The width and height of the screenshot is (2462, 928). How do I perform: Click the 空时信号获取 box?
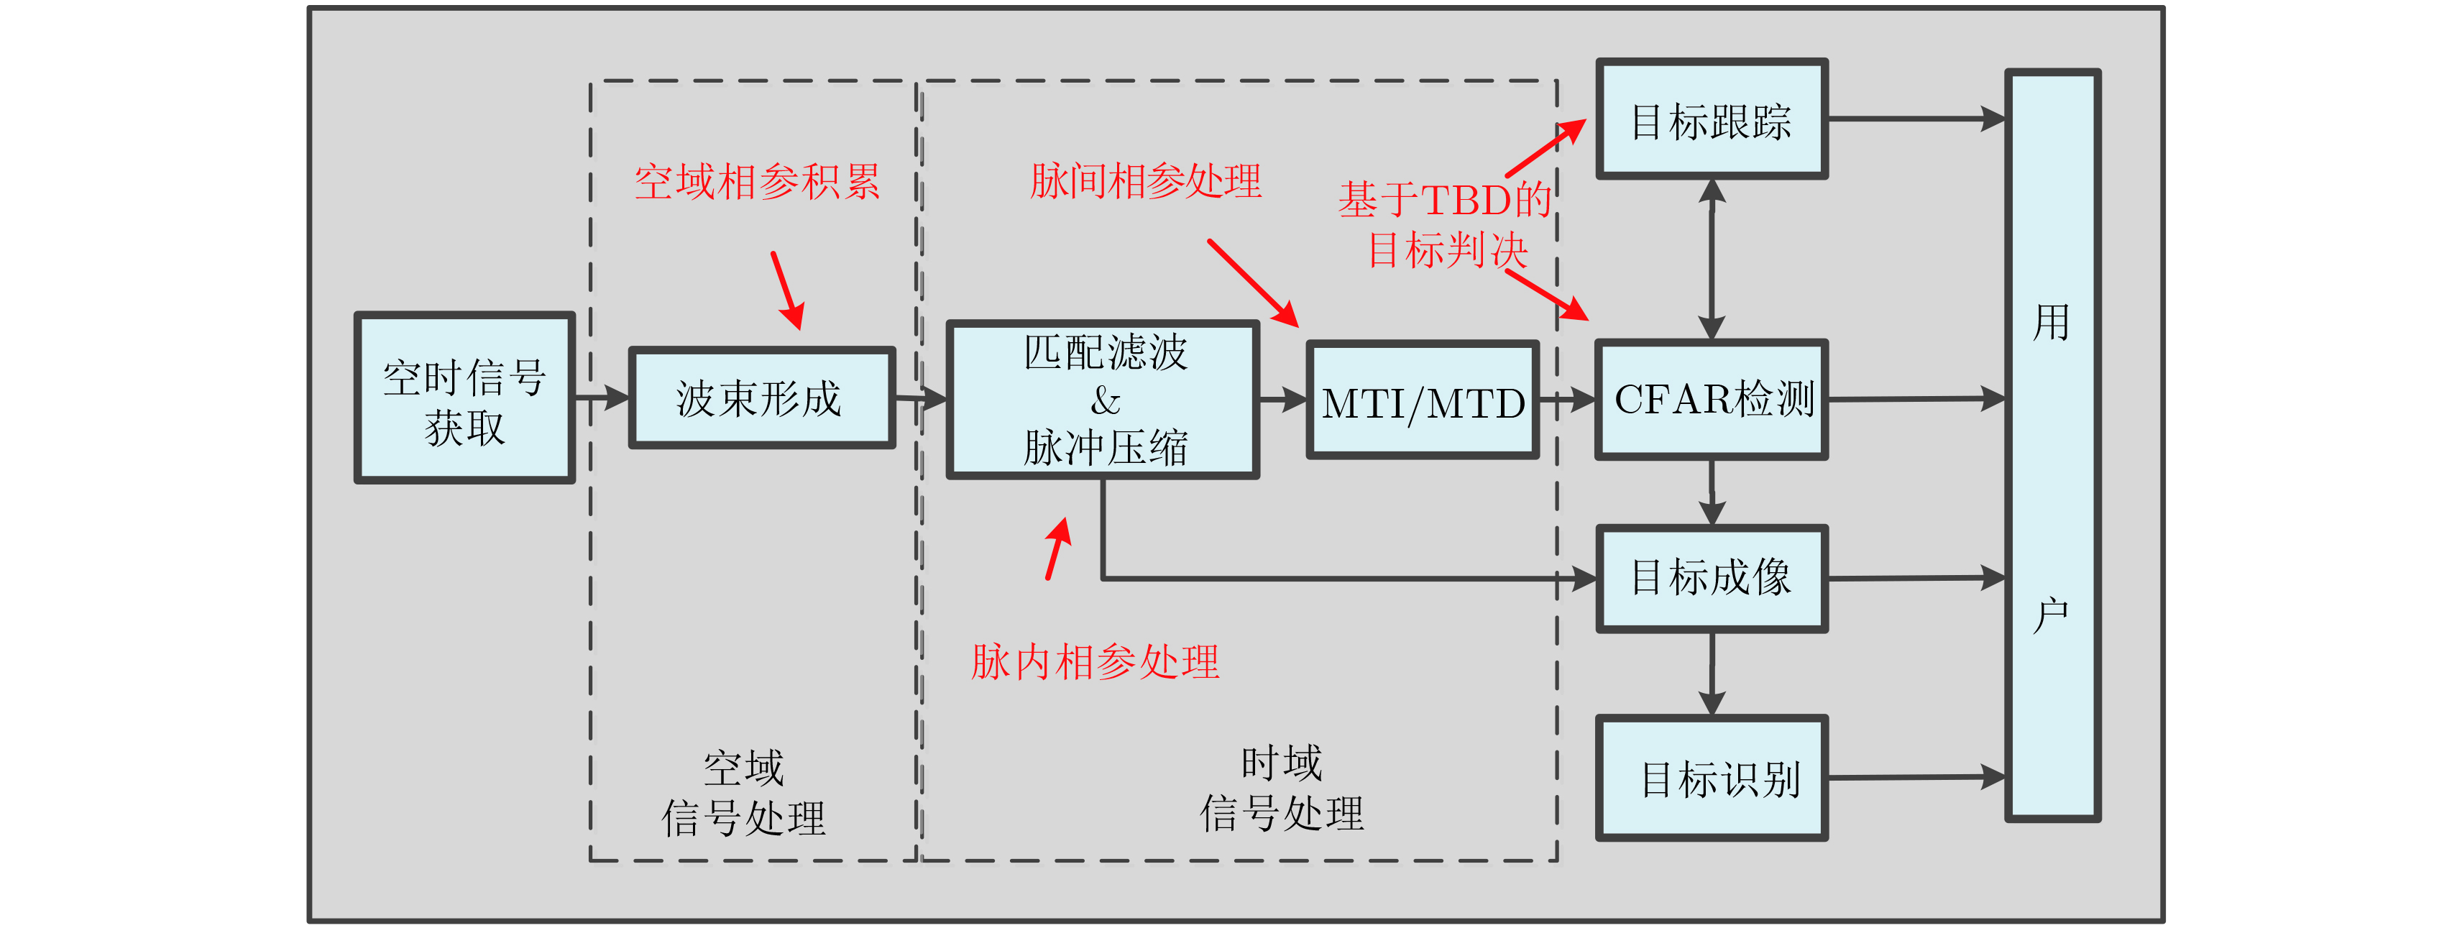(464, 398)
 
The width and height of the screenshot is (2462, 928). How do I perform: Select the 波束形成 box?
(761, 398)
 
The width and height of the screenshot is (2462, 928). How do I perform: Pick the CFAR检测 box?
(1712, 400)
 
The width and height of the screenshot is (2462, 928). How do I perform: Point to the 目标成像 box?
(1712, 578)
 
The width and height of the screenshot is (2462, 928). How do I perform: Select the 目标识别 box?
(1712, 778)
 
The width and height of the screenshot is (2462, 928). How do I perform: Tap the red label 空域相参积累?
(757, 182)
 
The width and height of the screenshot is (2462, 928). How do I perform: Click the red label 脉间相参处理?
(1145, 180)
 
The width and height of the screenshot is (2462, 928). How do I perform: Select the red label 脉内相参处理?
(1096, 661)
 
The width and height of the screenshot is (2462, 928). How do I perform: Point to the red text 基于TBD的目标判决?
(1445, 226)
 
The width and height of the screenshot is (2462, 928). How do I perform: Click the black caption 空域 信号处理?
(743, 794)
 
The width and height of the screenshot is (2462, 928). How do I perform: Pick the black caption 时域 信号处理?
(1282, 789)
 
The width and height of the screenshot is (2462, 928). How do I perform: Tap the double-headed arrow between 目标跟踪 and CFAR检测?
(1712, 259)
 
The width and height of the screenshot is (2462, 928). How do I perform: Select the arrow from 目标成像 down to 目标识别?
(1712, 673)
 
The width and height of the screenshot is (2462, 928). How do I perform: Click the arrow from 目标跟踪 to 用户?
(1916, 119)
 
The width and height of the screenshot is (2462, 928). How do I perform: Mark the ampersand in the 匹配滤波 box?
(1105, 400)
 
